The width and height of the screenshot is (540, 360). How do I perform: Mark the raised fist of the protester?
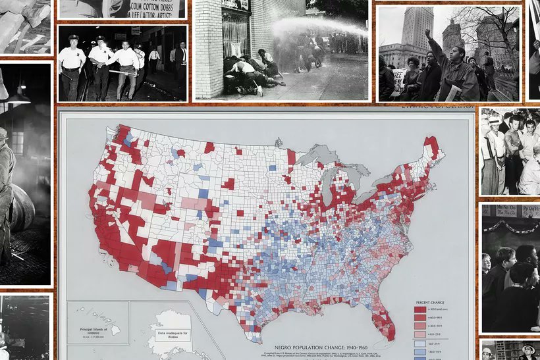tap(428, 32)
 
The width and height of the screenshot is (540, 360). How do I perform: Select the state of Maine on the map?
tap(433, 147)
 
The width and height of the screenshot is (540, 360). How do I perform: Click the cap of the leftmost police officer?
tap(72, 38)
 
